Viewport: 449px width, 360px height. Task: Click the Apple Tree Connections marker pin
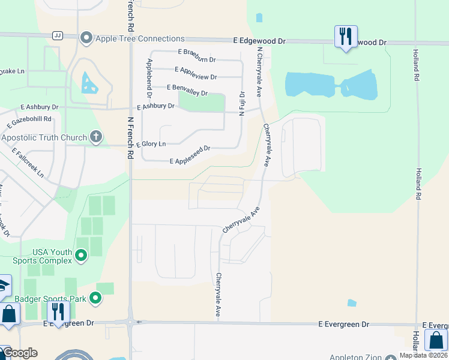(x=86, y=38)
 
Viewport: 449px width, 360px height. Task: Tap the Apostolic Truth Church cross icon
(x=95, y=137)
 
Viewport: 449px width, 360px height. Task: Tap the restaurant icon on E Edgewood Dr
(x=346, y=37)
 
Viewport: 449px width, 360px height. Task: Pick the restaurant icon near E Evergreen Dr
(x=58, y=312)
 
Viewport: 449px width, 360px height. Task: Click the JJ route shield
(x=58, y=35)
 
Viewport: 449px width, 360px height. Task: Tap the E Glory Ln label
(x=151, y=144)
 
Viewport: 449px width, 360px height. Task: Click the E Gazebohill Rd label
(x=29, y=120)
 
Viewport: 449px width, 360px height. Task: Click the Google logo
(x=20, y=353)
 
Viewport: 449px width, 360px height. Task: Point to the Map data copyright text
(x=424, y=355)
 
